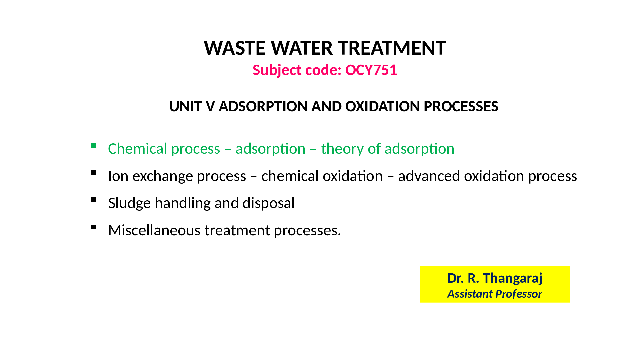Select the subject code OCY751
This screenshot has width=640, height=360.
tap(371, 70)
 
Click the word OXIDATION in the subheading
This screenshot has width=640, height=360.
tap(383, 107)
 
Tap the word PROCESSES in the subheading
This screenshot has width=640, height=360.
tap(461, 107)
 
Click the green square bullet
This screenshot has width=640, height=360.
tap(94, 145)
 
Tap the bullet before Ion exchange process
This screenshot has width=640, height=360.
tap(94, 173)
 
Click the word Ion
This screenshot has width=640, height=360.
tap(118, 176)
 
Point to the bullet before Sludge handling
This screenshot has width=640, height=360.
tap(94, 200)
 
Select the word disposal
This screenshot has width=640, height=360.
tap(268, 203)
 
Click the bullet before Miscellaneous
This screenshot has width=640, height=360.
tap(94, 227)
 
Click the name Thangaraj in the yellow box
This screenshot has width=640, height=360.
tap(513, 278)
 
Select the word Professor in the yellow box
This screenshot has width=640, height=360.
tap(518, 294)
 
